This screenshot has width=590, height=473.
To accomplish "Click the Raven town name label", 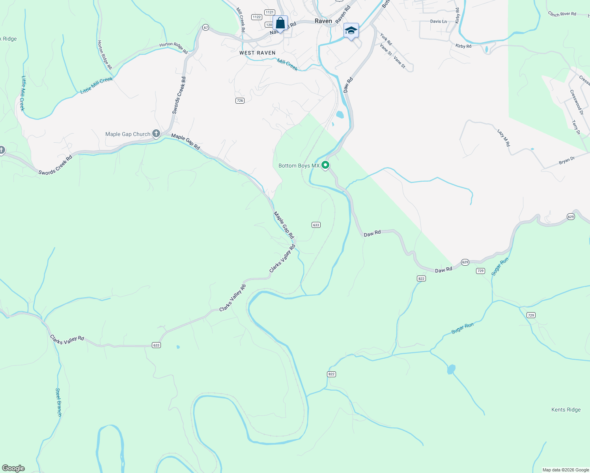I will [x=323, y=21].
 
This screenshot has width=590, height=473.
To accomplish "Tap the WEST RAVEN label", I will [x=258, y=53].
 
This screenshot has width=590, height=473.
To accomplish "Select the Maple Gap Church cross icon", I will [x=156, y=134].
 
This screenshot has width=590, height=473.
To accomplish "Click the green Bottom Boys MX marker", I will [x=325, y=165].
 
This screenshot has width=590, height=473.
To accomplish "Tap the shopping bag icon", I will [x=280, y=23].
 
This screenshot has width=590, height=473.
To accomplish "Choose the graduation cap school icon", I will [x=351, y=30].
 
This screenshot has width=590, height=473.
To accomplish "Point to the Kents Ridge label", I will [x=566, y=410].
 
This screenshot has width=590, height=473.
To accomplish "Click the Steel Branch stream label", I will [x=58, y=402].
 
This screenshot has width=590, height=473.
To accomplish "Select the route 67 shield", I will [x=205, y=28].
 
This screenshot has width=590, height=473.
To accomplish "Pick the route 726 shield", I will [x=240, y=101].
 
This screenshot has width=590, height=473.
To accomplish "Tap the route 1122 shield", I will [x=257, y=17].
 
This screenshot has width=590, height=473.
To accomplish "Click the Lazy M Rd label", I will [x=504, y=138].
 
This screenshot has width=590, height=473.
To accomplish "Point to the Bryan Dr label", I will [x=567, y=160].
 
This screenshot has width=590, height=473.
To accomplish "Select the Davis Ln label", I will [x=439, y=21].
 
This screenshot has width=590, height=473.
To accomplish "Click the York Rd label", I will [x=386, y=39].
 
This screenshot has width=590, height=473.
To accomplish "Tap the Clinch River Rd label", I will [x=562, y=14].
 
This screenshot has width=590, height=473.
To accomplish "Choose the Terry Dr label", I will [x=576, y=128].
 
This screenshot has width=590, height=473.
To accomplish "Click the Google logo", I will [x=13, y=468].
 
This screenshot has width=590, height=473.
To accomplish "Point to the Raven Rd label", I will [x=343, y=15].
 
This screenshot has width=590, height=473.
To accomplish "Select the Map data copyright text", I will [x=566, y=470].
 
